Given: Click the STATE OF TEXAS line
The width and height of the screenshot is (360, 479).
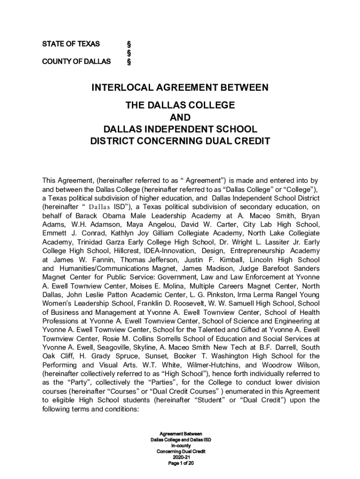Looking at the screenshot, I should (x=71, y=44).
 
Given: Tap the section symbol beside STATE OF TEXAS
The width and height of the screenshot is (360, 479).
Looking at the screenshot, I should (x=129, y=44).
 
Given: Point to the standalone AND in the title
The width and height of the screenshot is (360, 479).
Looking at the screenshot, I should (x=180, y=117).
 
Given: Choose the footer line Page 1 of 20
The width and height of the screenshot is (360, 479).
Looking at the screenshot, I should (x=180, y=463).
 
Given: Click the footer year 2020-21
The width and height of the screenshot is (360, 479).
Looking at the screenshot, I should (x=180, y=457).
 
